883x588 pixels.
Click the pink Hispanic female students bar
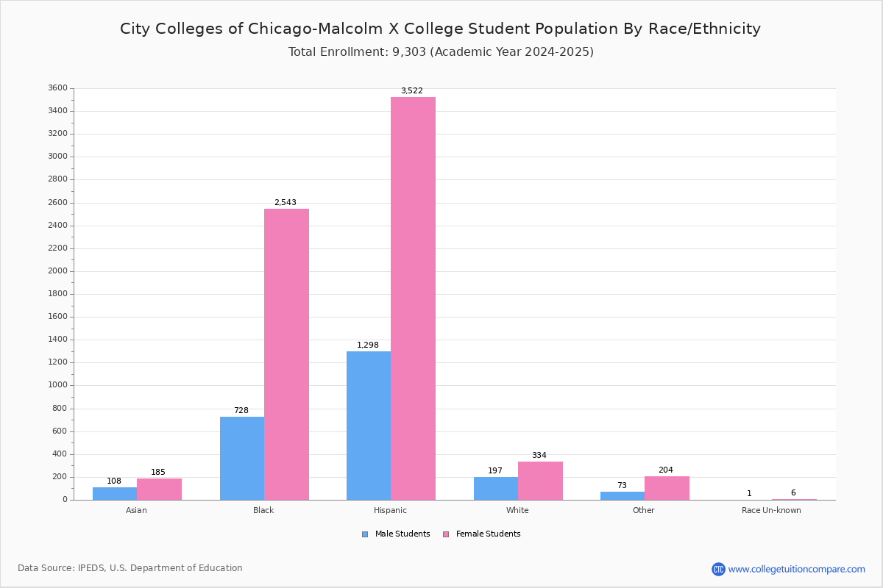413,298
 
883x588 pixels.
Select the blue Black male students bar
242,459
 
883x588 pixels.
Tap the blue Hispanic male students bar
369,426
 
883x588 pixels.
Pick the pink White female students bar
540,481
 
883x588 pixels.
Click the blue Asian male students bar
115,493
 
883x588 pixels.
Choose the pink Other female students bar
667,488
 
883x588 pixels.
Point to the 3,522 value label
412,90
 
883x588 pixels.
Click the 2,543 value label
286,202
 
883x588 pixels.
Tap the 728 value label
241,410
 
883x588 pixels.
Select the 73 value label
622,485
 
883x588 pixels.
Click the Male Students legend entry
396,534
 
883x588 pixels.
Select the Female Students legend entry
482,534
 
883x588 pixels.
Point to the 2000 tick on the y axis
58,271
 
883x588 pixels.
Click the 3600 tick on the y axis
58,87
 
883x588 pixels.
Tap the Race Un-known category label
771,510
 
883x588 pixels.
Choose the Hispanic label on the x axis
390,510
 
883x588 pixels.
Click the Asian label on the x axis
136,510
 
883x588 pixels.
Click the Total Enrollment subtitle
441,52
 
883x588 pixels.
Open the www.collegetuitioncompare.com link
796,569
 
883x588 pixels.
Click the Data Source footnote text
130,568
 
